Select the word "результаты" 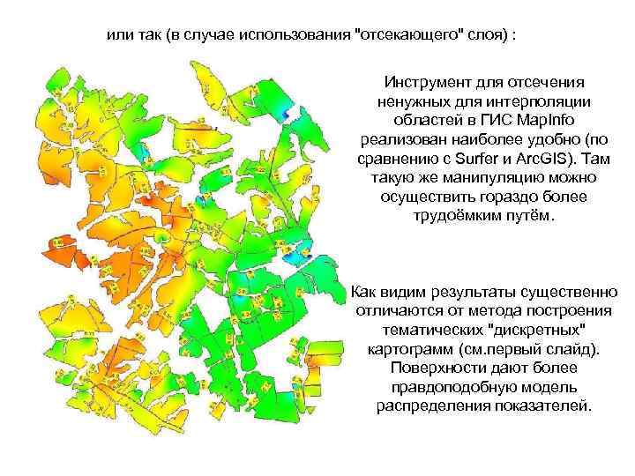pyautogui.click(x=468, y=292)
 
